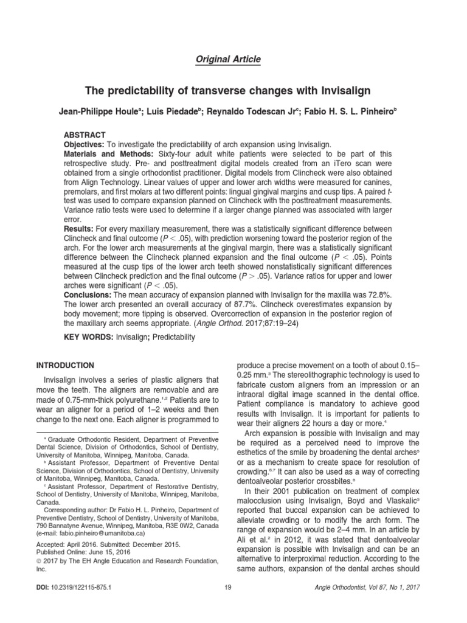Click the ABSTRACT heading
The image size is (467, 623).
[x=85, y=134]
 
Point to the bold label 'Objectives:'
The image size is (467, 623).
[x=85, y=144]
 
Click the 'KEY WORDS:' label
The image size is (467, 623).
[x=89, y=337]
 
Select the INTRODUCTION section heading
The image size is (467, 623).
[x=65, y=365]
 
